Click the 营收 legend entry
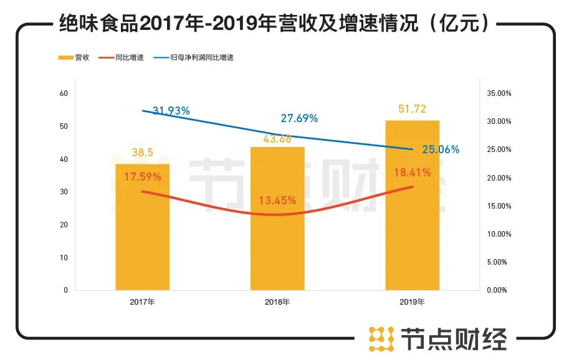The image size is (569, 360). (74, 57)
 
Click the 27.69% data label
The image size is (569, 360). (299, 118)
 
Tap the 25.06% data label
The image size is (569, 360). (440, 149)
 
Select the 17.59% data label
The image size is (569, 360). (142, 177)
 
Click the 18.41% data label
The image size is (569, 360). (412, 173)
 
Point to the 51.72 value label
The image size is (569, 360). (412, 109)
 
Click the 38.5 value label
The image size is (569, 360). (142, 153)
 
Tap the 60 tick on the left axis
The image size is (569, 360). (63, 93)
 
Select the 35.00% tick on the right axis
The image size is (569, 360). (498, 93)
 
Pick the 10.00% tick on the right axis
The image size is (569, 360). (498, 234)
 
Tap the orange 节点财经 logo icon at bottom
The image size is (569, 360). (381, 338)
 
